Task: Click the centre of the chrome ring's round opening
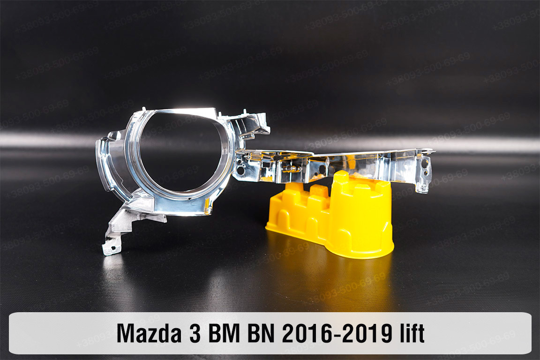[x=180, y=152]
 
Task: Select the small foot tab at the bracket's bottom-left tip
[x=109, y=248]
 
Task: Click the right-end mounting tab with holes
[x=424, y=171]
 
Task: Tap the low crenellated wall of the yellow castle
[x=300, y=206]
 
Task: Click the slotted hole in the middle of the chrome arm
[x=323, y=164]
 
